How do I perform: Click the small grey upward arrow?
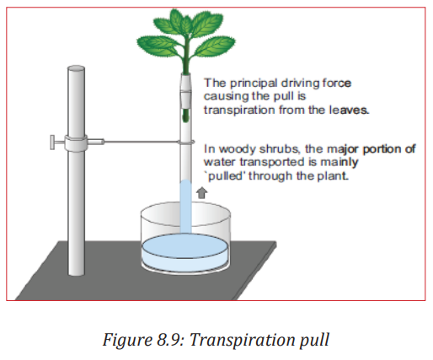click(x=201, y=193)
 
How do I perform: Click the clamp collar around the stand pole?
click(x=76, y=143)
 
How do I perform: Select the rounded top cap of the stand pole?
click(x=76, y=68)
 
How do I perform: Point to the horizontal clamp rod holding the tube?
click(x=141, y=142)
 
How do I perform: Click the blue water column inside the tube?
click(x=185, y=207)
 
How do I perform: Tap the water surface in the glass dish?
click(x=184, y=246)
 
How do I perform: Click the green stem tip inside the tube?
click(x=185, y=116)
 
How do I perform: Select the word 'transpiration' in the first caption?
click(x=239, y=110)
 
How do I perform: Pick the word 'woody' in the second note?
click(x=237, y=149)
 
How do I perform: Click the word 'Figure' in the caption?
click(x=128, y=341)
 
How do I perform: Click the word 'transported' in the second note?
click(x=278, y=163)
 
